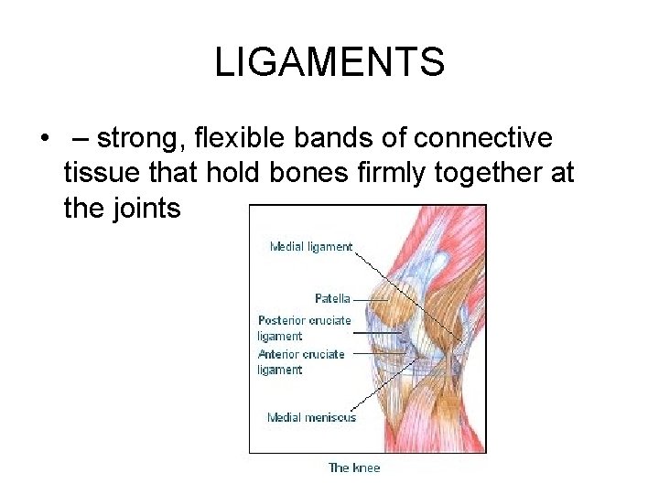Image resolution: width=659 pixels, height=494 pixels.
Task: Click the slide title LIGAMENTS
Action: coord(329,62)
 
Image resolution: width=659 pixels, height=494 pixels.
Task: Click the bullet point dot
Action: coord(43,140)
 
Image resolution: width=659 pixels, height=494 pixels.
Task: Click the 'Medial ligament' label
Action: coord(310,246)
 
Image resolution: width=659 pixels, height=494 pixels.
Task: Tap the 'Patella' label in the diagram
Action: coord(333,298)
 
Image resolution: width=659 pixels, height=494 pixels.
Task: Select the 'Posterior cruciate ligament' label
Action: coord(304,328)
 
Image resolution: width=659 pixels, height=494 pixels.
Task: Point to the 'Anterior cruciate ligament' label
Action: coord(301,361)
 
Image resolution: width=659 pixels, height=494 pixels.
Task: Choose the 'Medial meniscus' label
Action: coord(311,417)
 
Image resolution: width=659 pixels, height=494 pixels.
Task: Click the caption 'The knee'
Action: coord(353,467)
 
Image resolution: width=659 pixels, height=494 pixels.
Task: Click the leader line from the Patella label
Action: coord(371,298)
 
